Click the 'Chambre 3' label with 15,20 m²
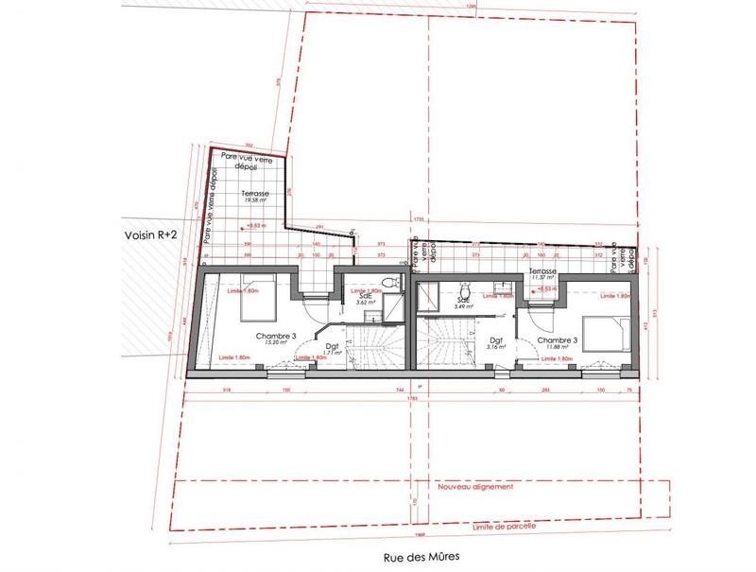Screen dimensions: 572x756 tap(272, 338)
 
